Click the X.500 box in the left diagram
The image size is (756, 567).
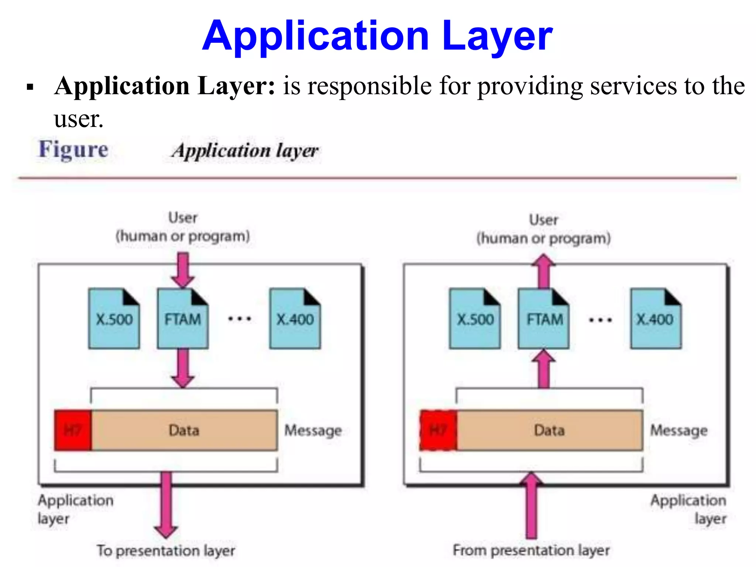[114, 319]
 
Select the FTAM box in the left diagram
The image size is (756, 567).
[183, 319]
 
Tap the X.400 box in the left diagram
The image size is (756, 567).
[295, 319]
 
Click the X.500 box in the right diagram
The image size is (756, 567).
[475, 319]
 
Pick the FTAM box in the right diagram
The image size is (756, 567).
[544, 319]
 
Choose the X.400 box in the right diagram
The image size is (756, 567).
[656, 319]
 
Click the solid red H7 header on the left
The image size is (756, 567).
[73, 430]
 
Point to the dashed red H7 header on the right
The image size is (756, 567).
[438, 430]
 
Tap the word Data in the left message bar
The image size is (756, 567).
[184, 430]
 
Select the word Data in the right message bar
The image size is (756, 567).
[549, 430]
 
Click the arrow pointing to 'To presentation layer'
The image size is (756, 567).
[166, 506]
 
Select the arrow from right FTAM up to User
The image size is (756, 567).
[543, 271]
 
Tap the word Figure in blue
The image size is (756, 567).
[73, 150]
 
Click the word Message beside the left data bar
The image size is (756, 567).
[313, 430]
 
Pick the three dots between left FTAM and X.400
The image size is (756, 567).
[240, 319]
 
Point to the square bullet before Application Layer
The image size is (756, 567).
[30, 87]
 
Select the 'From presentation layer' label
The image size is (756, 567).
[531, 550]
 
